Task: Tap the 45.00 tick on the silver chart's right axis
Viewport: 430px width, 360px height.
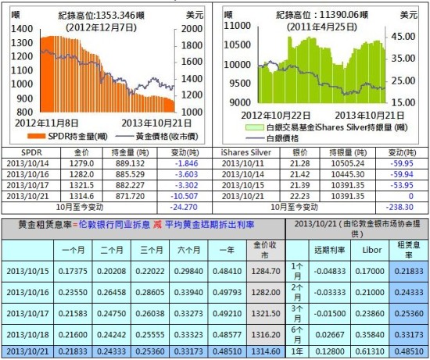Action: point(402,37)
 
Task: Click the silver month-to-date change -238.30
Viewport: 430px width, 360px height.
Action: point(400,205)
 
